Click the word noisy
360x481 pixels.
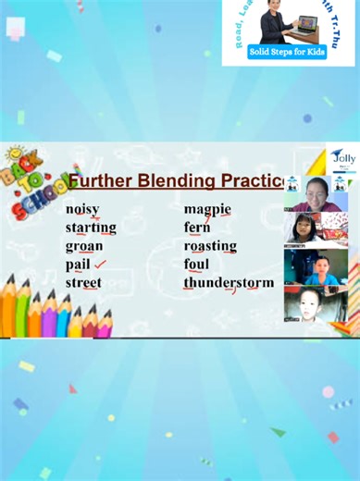click(82, 209)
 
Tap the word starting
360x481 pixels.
click(91, 228)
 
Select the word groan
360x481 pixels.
click(84, 246)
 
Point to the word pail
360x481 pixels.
click(78, 265)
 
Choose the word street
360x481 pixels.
click(83, 283)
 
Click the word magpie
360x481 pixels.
click(207, 209)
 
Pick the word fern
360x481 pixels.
click(197, 228)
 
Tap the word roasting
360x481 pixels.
click(210, 246)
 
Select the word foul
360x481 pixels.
click(196, 265)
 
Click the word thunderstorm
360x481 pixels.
click(229, 283)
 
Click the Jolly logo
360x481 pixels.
click(342, 158)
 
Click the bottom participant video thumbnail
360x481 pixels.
click(316, 303)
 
